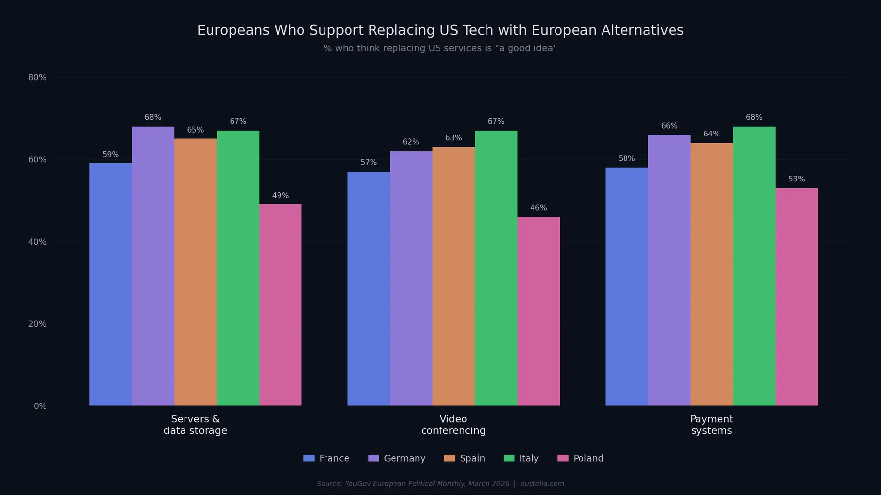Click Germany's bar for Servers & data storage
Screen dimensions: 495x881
coord(153,266)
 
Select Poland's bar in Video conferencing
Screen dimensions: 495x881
coord(538,311)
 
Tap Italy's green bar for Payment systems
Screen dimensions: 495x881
coord(754,266)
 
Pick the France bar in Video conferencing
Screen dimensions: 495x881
coord(368,289)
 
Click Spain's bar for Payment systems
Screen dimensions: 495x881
coord(711,274)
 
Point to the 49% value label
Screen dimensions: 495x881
coord(280,196)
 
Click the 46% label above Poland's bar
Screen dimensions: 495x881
coord(538,208)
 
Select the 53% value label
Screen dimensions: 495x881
coord(796,179)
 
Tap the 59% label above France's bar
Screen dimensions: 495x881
coord(111,155)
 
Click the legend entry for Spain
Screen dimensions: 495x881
coord(464,458)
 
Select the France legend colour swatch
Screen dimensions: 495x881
coord(309,458)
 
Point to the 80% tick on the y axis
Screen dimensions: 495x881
coord(37,77)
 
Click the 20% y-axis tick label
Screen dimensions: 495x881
coord(37,324)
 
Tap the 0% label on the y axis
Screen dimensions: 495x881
coord(40,406)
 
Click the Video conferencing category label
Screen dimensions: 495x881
coord(453,425)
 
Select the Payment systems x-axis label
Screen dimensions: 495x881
coord(711,425)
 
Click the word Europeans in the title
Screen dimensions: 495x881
coord(233,30)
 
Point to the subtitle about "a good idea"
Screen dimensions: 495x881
coord(440,48)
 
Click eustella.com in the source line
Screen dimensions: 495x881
coord(542,484)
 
